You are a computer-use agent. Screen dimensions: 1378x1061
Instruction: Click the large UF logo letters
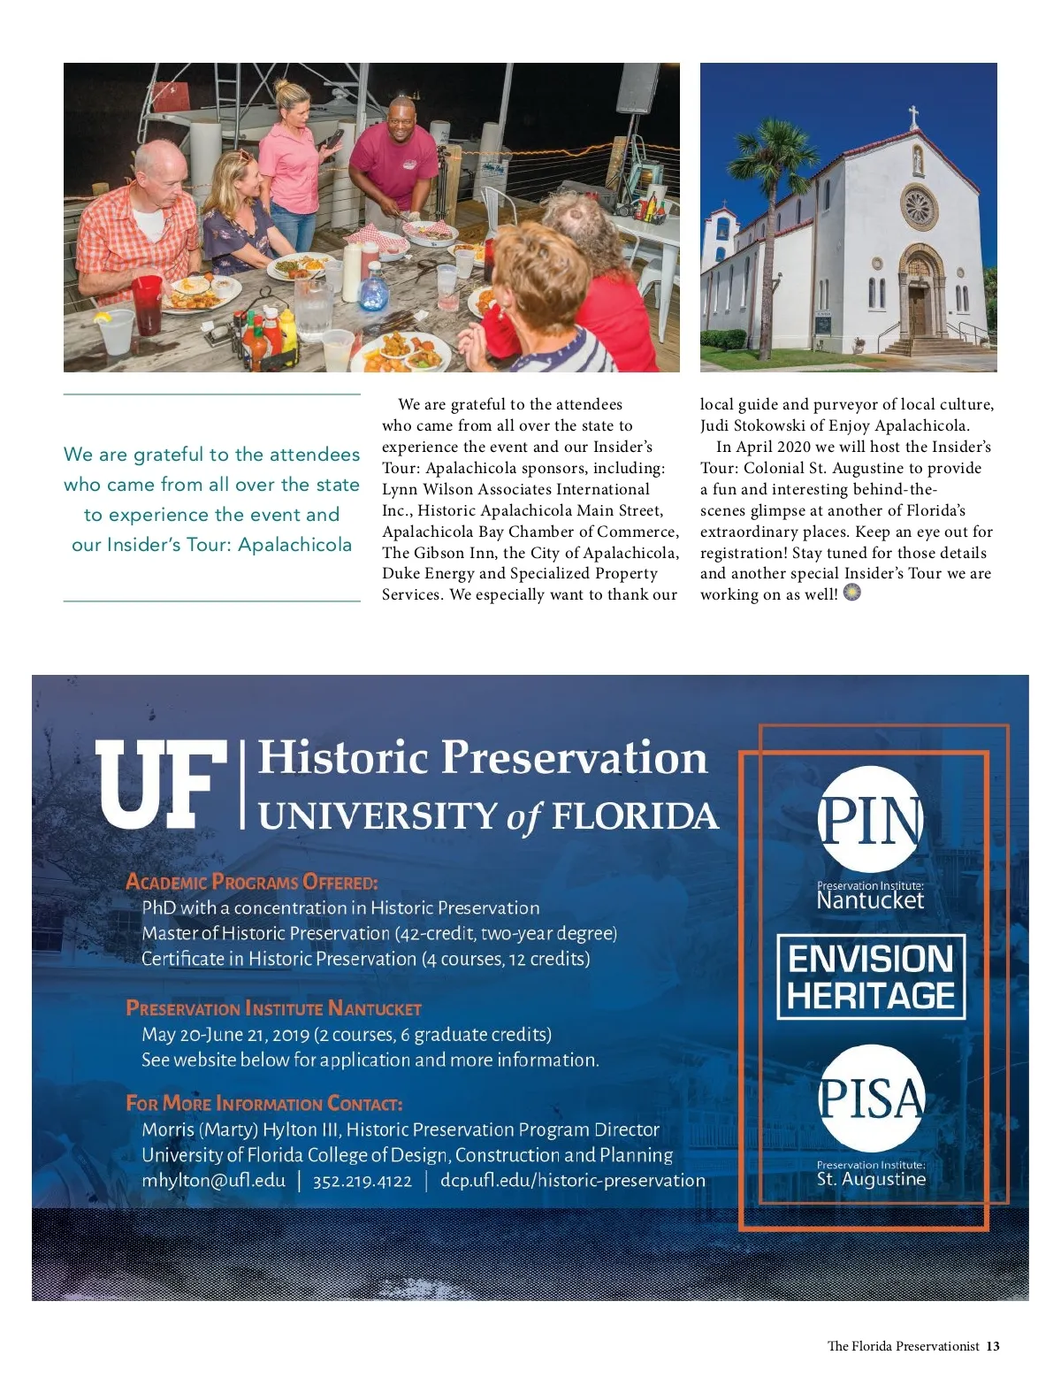pyautogui.click(x=160, y=785)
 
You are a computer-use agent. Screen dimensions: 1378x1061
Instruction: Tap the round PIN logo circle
pyautogui.click(x=871, y=819)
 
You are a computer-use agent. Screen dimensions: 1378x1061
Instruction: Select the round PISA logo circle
pyautogui.click(x=871, y=1098)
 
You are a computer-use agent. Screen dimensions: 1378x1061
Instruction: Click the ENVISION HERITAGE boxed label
pyautogui.click(x=871, y=977)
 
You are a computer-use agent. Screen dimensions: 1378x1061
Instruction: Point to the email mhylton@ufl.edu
pyautogui.click(x=214, y=1181)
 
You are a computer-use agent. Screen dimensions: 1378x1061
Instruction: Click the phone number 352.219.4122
pyautogui.click(x=363, y=1182)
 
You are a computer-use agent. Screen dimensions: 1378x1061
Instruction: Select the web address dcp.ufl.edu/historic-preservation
pyautogui.click(x=573, y=1181)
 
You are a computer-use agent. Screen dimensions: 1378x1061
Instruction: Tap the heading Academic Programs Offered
pyautogui.click(x=252, y=882)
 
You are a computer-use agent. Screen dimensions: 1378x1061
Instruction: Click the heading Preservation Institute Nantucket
pyautogui.click(x=274, y=1008)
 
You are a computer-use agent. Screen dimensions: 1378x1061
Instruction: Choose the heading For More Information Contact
pyautogui.click(x=264, y=1104)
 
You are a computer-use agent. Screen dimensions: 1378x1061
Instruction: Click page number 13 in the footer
pyautogui.click(x=993, y=1346)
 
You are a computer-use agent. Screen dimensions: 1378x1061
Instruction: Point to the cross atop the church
pyautogui.click(x=913, y=116)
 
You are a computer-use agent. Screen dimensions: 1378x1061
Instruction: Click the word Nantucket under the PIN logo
pyautogui.click(x=870, y=901)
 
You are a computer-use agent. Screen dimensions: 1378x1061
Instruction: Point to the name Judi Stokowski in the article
pyautogui.click(x=752, y=425)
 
